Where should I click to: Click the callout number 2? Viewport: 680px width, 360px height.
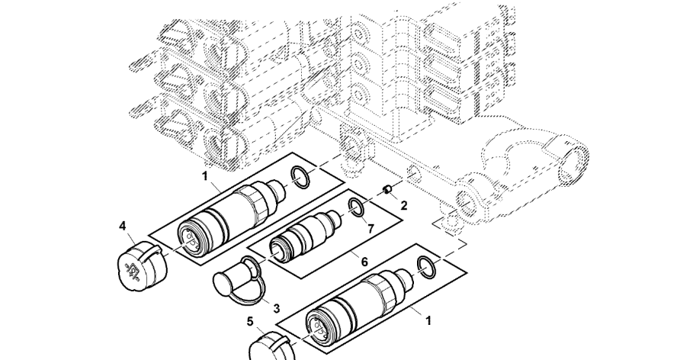coord(404,206)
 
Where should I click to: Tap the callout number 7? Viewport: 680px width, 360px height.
coord(370,228)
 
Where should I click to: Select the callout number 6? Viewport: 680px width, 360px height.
coord(364,262)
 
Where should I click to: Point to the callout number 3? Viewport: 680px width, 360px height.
coord(276,308)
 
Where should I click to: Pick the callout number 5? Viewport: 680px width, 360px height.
coord(250,321)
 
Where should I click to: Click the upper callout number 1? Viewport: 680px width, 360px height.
coord(205,176)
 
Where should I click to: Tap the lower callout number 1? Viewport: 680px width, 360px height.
coord(428,321)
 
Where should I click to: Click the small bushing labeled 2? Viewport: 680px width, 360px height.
coord(388,189)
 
